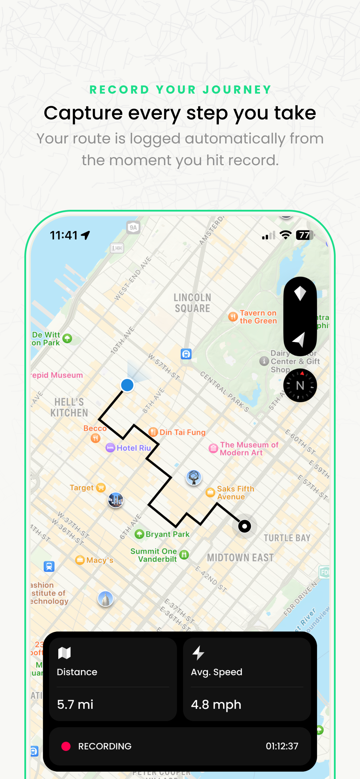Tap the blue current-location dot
click(x=127, y=385)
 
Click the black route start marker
click(x=244, y=526)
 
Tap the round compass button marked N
click(x=300, y=385)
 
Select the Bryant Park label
click(x=167, y=534)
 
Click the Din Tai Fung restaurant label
click(x=182, y=432)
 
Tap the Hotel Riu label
click(x=133, y=448)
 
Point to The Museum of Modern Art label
click(x=249, y=448)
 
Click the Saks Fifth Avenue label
click(x=235, y=493)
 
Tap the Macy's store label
click(x=99, y=560)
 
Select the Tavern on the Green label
click(x=258, y=317)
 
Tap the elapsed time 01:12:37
click(x=282, y=746)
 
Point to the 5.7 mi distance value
click(x=75, y=704)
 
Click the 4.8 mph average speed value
click(x=216, y=704)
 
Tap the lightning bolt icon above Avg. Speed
click(x=199, y=653)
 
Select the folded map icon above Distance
click(x=64, y=653)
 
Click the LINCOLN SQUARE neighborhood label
click(x=192, y=303)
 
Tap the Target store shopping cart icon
click(x=101, y=487)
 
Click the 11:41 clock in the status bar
click(x=64, y=235)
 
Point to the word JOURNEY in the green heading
click(x=237, y=90)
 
